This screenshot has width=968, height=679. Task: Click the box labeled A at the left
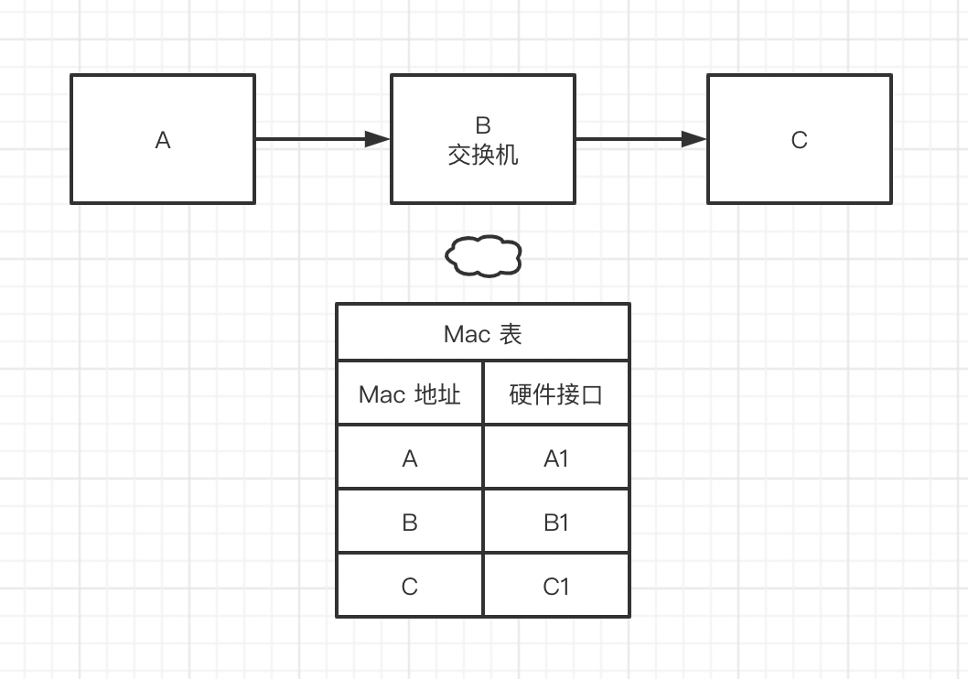point(163,139)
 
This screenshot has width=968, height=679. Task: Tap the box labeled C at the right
point(799,139)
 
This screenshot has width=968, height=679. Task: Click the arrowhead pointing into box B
point(378,139)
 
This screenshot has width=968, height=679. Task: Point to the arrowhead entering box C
point(694,139)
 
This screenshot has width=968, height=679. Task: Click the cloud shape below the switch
point(483,255)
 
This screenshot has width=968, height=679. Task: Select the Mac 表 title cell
point(483,333)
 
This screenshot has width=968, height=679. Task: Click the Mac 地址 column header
point(409,394)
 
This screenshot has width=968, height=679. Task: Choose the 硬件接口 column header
point(556,394)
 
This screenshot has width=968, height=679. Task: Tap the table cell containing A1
point(556,458)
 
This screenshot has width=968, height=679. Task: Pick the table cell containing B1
point(556,522)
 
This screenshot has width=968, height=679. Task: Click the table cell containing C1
point(556,586)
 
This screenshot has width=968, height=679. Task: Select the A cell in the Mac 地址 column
point(409,458)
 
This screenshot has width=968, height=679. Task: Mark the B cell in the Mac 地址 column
point(409,522)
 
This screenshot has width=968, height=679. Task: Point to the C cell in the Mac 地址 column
point(409,586)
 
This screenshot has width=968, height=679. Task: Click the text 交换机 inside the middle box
point(483,155)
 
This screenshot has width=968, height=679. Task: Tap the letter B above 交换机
point(483,126)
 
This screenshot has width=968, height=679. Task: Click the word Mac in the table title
point(467,334)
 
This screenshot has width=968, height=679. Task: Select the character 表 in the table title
point(511,334)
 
